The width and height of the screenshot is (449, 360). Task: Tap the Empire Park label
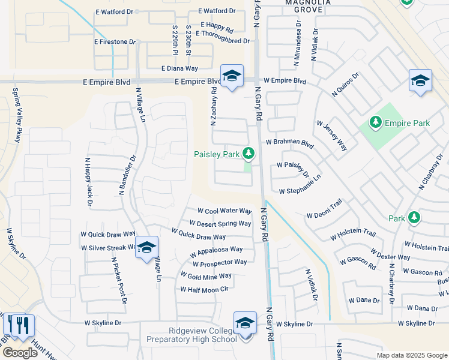click(408, 123)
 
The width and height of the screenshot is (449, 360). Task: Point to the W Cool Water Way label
click(224, 211)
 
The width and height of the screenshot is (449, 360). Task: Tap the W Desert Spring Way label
click(220, 224)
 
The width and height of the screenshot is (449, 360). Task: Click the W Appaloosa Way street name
click(216, 249)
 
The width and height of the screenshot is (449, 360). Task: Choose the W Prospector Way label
click(220, 262)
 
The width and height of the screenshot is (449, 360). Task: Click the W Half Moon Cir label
click(205, 289)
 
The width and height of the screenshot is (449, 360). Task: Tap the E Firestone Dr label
click(115, 41)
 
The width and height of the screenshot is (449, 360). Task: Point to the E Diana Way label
click(179, 68)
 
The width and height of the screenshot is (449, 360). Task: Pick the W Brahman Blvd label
click(289, 144)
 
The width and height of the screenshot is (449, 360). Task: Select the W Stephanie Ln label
click(300, 191)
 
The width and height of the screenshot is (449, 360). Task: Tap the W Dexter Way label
click(390, 257)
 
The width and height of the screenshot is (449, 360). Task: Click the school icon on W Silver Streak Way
click(146, 248)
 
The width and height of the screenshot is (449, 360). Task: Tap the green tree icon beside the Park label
click(413, 217)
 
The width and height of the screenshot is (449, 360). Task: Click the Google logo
click(20, 353)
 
